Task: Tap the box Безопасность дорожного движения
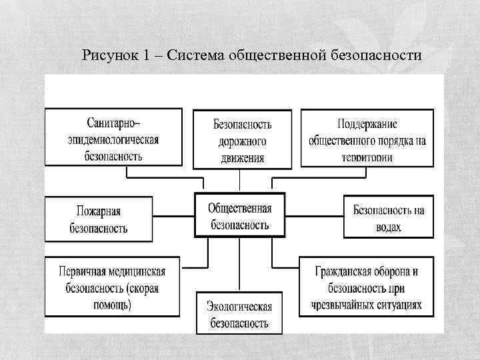tap(241, 139)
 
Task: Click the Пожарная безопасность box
tap(98, 219)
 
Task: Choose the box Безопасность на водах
tap(388, 218)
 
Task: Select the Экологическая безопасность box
tap(238, 313)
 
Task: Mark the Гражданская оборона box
tap(365, 287)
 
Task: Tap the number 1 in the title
tap(146, 55)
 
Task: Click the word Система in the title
tap(196, 55)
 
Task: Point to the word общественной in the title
tap(276, 55)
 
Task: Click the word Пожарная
tap(98, 211)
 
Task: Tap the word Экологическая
tap(239, 306)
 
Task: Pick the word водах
tap(389, 227)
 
